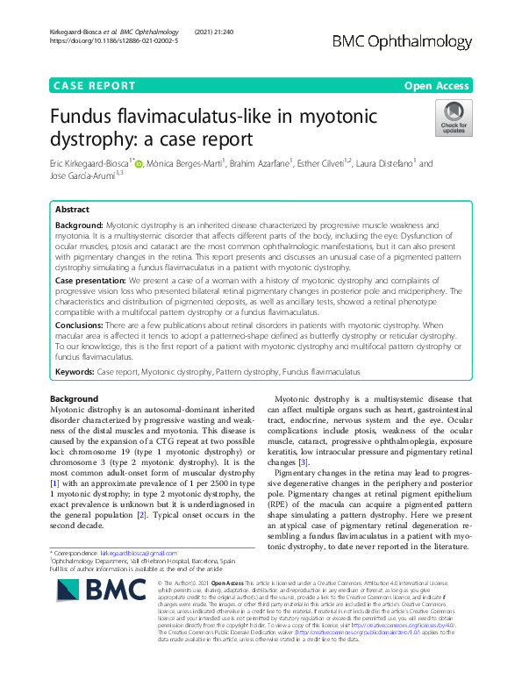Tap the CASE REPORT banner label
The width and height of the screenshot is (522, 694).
tap(95, 85)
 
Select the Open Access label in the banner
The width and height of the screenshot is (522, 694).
tap(438, 85)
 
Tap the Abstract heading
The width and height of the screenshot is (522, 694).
tap(72, 211)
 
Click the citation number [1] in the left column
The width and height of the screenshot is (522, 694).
tap(54, 483)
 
